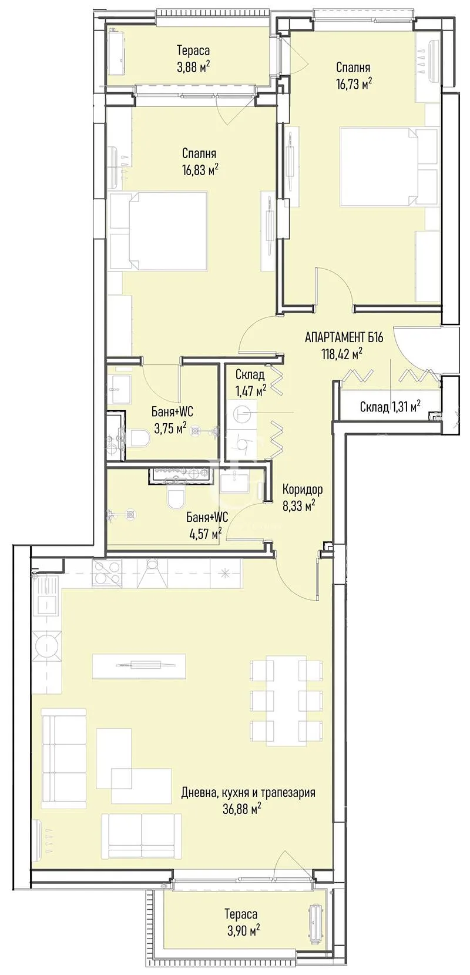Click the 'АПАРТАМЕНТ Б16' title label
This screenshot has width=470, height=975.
[344, 337]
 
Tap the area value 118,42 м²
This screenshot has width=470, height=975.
[341, 353]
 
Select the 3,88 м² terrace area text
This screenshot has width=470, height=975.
[193, 66]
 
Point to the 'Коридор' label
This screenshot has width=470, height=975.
[302, 490]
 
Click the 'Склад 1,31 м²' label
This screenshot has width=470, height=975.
[390, 407]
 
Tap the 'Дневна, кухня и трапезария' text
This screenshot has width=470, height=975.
[249, 793]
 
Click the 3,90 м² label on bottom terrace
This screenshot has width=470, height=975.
[241, 930]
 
